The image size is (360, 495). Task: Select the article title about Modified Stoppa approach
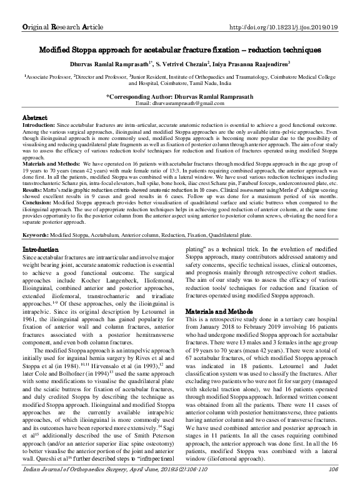pyautogui.click(x=180, y=49)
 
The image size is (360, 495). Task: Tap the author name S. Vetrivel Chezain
pyautogui.click(x=190, y=64)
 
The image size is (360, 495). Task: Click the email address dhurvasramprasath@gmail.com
pyautogui.click(x=179, y=103)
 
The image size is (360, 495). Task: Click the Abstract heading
pyautogui.click(x=35, y=117)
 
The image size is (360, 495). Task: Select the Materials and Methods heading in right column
pyautogui.click(x=219, y=311)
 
